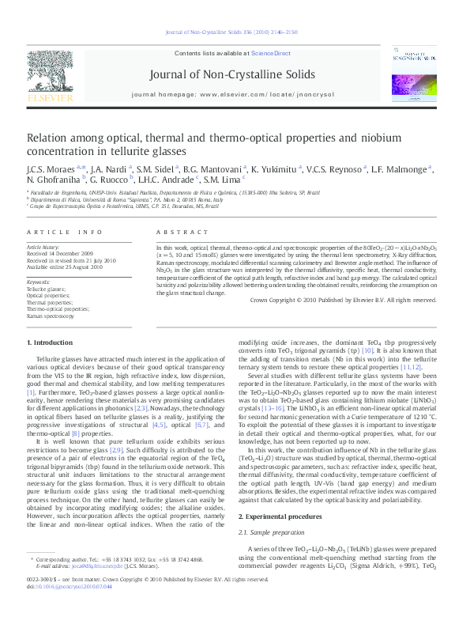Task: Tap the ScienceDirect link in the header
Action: pos(271,52)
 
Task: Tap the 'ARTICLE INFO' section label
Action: pos(65,232)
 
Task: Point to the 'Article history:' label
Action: pos(44,247)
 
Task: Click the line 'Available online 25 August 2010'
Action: pos(64,267)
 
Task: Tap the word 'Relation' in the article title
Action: pos(50,136)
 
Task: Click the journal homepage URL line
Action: pos(233,93)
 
